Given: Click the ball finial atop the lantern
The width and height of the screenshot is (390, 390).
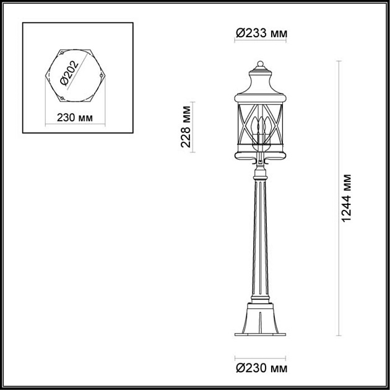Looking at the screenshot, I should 260,63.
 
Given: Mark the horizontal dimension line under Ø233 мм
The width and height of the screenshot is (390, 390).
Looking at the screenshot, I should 260,42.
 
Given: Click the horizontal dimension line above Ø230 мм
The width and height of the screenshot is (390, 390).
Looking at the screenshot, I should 260,357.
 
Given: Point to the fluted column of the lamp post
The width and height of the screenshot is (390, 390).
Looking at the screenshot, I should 260,235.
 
